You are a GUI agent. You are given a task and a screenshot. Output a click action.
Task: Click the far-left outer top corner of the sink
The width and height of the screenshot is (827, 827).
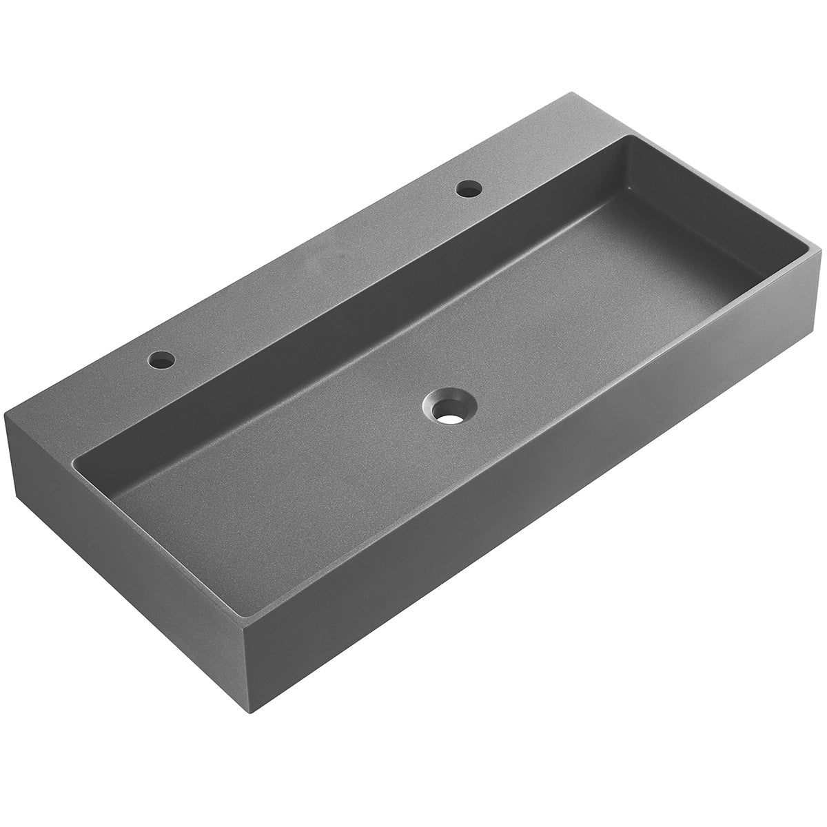[6, 412]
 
